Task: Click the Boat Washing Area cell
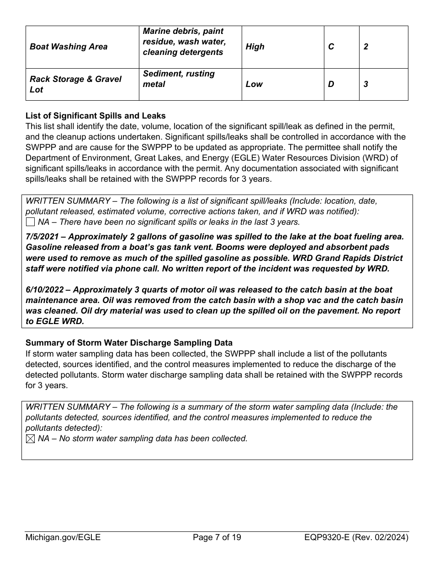(69, 47)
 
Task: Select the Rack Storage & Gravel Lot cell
(75, 84)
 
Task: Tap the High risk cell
(255, 47)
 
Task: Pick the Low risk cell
(254, 84)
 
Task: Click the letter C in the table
(331, 47)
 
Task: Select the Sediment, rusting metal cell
(179, 79)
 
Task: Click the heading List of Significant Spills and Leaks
(95, 116)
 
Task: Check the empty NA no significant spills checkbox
(30, 222)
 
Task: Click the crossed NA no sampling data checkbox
(30, 438)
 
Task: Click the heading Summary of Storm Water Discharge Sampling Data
(129, 343)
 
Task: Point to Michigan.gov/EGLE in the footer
(63, 537)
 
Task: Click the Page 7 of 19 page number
(217, 537)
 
